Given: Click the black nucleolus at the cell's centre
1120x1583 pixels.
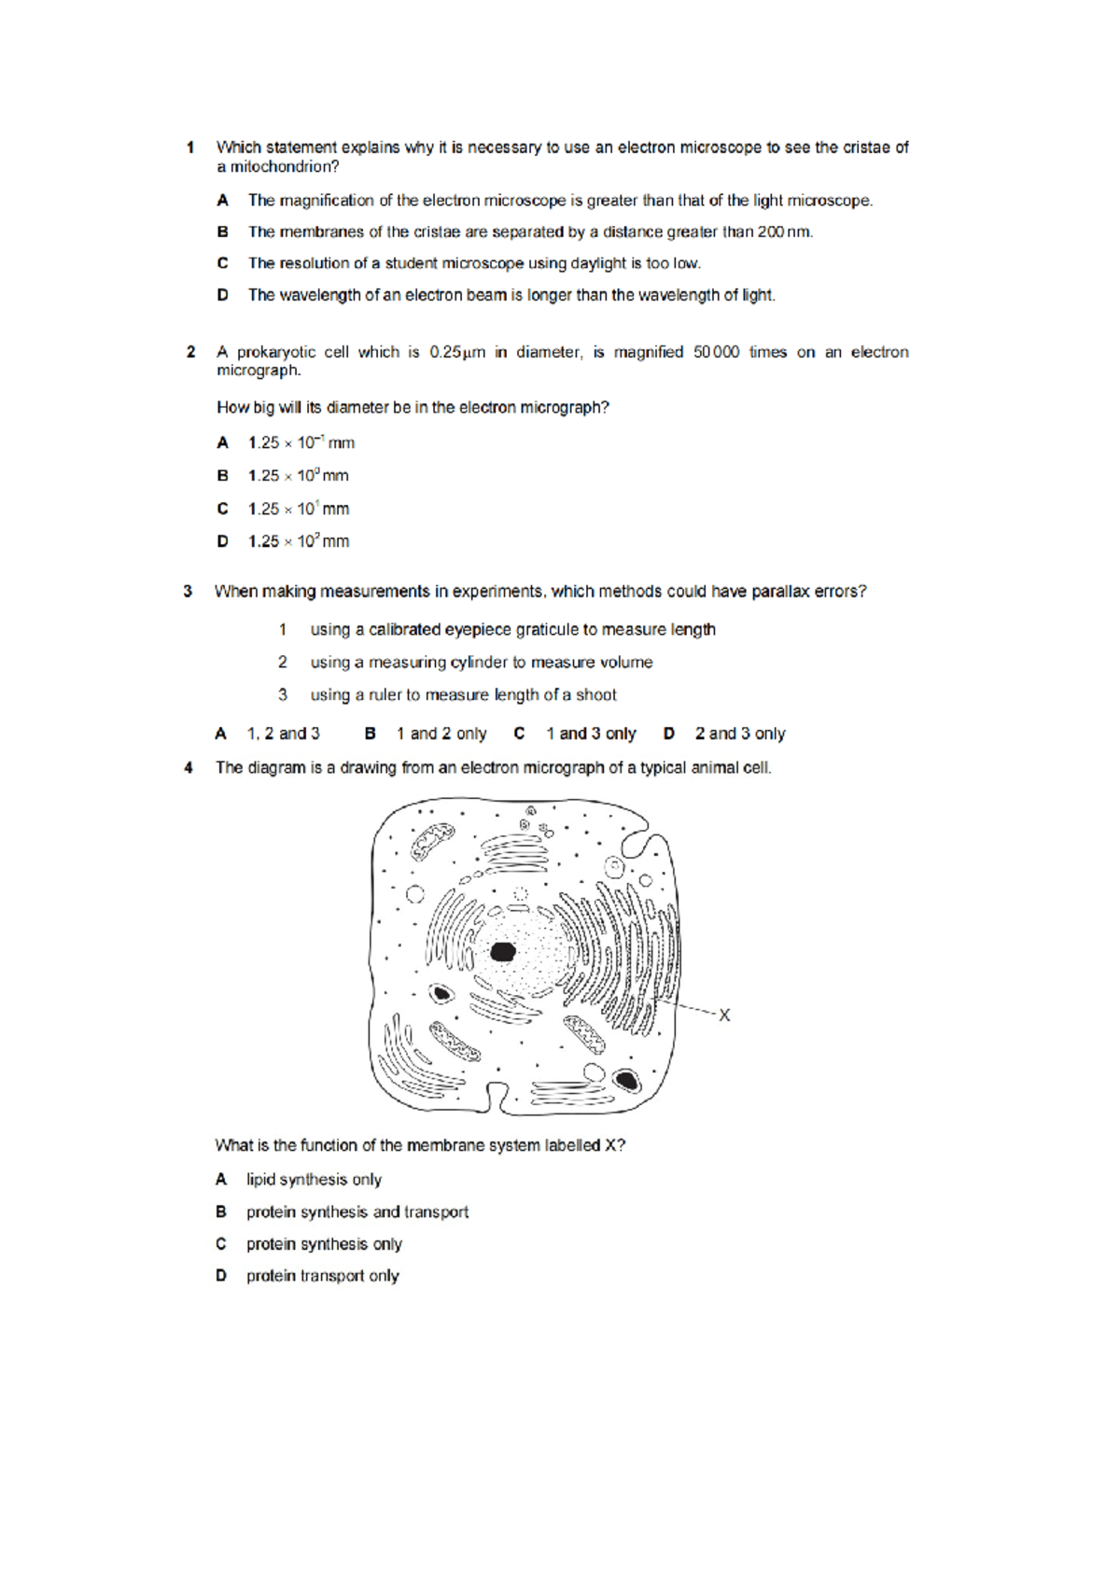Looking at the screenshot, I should click(x=503, y=952).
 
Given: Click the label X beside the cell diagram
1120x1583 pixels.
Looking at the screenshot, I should click(x=724, y=1015).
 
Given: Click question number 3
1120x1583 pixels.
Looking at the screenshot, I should click(x=188, y=592).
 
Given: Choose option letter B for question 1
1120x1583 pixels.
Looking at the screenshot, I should click(x=222, y=231).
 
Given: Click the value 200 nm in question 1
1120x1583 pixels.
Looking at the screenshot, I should click(x=784, y=231).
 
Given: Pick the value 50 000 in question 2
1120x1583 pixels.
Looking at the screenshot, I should click(x=716, y=352).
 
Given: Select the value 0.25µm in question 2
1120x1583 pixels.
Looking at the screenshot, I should click(x=457, y=352).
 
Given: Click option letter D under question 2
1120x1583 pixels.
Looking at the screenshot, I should click(x=222, y=541).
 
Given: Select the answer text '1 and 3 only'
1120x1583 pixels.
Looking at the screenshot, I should click(x=591, y=734).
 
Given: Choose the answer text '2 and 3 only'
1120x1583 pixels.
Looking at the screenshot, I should click(x=740, y=734).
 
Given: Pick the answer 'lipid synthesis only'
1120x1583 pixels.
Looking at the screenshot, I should click(x=314, y=1180).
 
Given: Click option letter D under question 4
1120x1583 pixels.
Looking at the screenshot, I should click(x=221, y=1276).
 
